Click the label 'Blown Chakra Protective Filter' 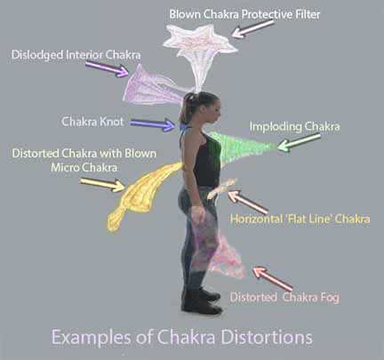tap(244, 14)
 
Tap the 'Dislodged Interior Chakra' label tap(76, 55)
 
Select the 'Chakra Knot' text tap(92, 122)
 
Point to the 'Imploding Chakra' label tap(294, 126)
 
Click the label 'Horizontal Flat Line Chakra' tap(300, 219)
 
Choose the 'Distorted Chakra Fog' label tap(284, 297)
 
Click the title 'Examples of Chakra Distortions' tap(182, 337)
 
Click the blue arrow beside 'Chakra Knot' tap(153, 124)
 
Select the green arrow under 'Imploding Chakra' tap(300, 142)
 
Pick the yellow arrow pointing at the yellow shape tap(103, 184)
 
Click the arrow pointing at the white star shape tap(252, 28)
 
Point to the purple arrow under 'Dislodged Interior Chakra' tap(107, 68)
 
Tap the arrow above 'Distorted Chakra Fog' tap(272, 278)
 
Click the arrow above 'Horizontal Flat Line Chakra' tap(248, 202)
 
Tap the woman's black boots tap(202, 300)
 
